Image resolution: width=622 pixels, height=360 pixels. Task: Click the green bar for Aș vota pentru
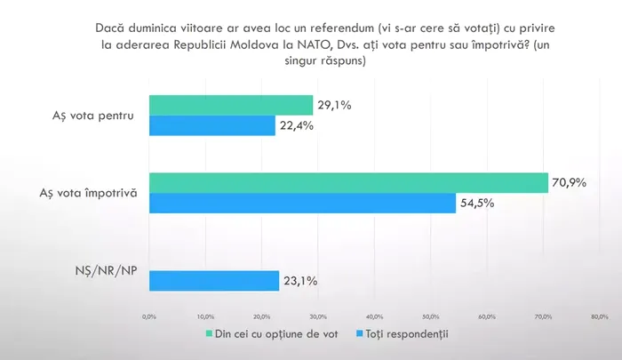[x=231, y=106]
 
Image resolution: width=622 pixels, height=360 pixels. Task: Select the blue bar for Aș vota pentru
[x=212, y=126]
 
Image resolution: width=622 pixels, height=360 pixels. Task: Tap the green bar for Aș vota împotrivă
[x=348, y=183]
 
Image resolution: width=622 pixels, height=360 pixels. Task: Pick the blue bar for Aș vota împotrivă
[x=302, y=204]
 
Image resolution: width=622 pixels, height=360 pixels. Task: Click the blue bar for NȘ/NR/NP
[x=214, y=281]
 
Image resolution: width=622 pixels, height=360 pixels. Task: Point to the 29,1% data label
[x=334, y=106]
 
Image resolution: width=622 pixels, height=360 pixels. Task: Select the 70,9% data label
[x=569, y=183]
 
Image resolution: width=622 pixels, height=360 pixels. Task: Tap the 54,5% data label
[x=476, y=204]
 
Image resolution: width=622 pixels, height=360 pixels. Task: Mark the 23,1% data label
[x=300, y=281]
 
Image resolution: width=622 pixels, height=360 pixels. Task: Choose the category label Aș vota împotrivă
[x=89, y=193]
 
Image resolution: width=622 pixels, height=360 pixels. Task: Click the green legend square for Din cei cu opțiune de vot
[x=209, y=334]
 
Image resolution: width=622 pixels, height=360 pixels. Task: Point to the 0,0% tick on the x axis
[x=149, y=316]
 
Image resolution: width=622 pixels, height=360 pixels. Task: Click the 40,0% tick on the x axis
[x=374, y=316]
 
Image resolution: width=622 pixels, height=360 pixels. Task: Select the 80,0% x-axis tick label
[x=599, y=316]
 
